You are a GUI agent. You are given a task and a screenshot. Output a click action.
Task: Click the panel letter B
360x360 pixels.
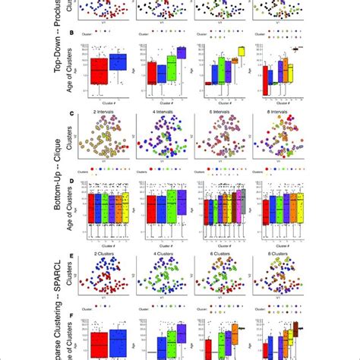pyautogui.click(x=70, y=33)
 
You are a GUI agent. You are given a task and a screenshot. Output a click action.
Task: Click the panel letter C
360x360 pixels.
pyautogui.click(x=70, y=114)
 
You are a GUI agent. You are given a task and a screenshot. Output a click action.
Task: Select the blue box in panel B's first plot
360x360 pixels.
pyautogui.click(x=118, y=62)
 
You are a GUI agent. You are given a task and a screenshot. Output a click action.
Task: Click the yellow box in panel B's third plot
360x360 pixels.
pyautogui.click(x=241, y=52)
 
